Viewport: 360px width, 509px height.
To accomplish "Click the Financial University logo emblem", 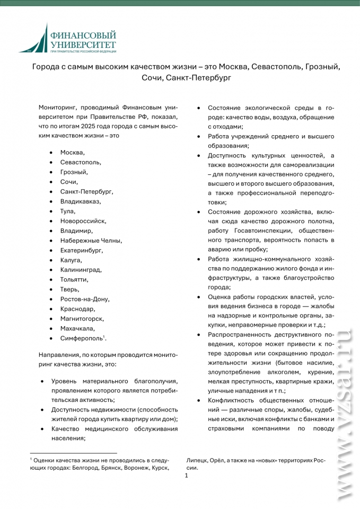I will [x=36, y=39].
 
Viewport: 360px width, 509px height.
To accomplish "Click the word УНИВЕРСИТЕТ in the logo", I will [x=82, y=44].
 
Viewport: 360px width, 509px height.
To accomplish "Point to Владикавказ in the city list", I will [x=80, y=201].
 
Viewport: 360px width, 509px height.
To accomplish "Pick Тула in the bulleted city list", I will [x=68, y=211].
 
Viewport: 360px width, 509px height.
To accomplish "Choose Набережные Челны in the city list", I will [x=91, y=240].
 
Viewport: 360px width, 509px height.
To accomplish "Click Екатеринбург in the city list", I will [x=81, y=250].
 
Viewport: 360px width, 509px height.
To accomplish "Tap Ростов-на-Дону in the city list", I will [x=85, y=299].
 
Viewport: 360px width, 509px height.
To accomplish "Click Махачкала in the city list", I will [x=77, y=328].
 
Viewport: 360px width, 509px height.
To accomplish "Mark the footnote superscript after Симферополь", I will [x=104, y=336].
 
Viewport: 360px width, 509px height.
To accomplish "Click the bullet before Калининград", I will [x=50, y=270].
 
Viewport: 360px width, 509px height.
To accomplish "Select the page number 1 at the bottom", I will [x=186, y=476].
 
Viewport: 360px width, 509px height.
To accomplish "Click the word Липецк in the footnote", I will [x=197, y=459].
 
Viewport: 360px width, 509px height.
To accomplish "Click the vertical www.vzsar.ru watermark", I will [x=345, y=414].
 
